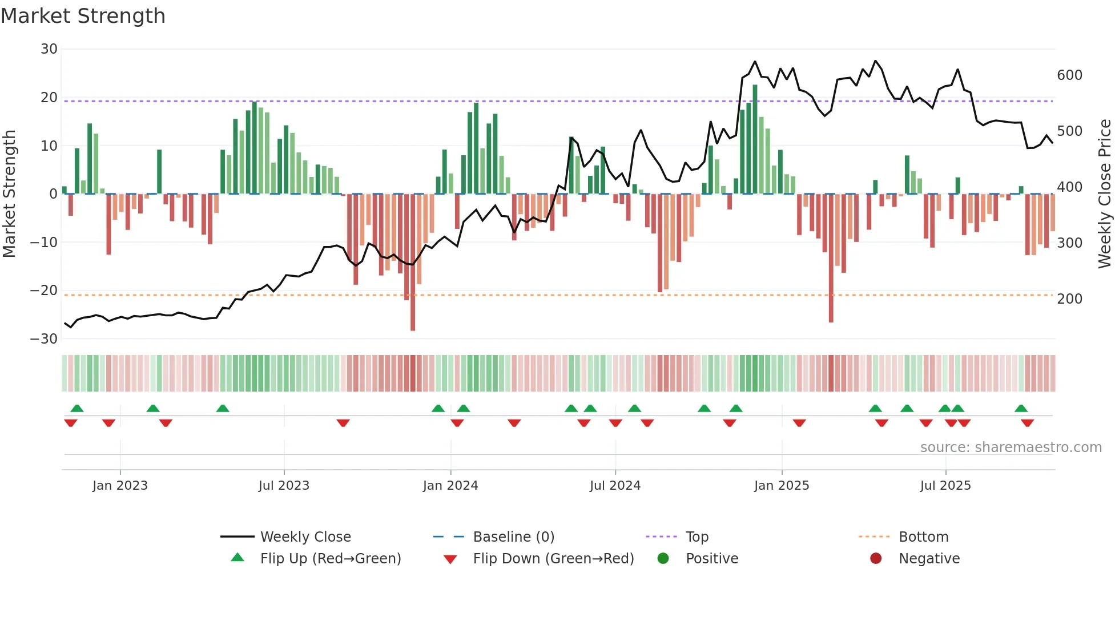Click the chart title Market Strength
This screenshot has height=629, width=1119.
pos(83,16)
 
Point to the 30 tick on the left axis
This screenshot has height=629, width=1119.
pos(49,49)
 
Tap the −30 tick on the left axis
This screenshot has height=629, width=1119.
pos(45,339)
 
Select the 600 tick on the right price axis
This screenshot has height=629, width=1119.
pos(1069,75)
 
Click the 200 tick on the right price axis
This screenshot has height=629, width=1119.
pos(1069,299)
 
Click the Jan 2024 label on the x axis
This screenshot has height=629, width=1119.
pos(450,486)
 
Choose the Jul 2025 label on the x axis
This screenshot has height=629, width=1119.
pos(945,486)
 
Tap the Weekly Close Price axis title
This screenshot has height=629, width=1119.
pos(1105,194)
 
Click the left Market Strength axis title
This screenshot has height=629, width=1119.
pos(9,194)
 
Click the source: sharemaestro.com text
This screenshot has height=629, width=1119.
pos(1011,447)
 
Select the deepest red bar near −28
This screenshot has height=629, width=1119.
pos(413,263)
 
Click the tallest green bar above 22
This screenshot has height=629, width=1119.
pos(755,140)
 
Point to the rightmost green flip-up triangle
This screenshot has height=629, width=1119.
pos(1021,409)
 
